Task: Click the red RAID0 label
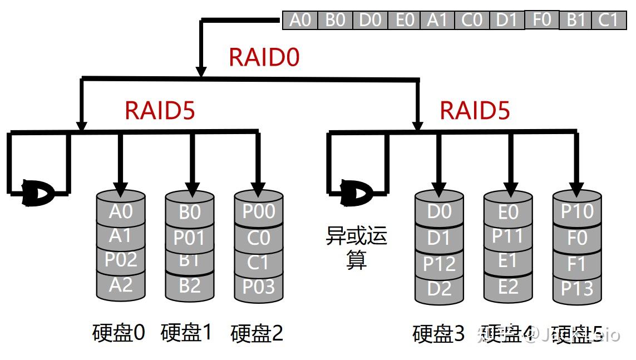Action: pyautogui.click(x=264, y=57)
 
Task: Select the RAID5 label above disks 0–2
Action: pyautogui.click(x=160, y=110)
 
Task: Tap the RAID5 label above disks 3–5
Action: pyautogui.click(x=475, y=110)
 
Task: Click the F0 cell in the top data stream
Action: pyautogui.click(x=541, y=19)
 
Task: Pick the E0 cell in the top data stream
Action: pyautogui.click(x=405, y=20)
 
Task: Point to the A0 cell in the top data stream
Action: pyautogui.click(x=300, y=20)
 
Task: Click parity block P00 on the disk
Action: pyautogui.click(x=259, y=212)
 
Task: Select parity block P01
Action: pyautogui.click(x=189, y=238)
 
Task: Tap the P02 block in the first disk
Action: pyautogui.click(x=120, y=259)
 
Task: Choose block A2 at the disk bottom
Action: pyautogui.click(x=120, y=285)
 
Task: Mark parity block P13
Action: pyautogui.click(x=577, y=289)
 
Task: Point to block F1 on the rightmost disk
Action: pyautogui.click(x=577, y=264)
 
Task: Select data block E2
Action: pyautogui.click(x=507, y=287)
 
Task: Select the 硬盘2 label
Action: pyautogui.click(x=257, y=333)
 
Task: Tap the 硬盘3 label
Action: pyautogui.click(x=438, y=334)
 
